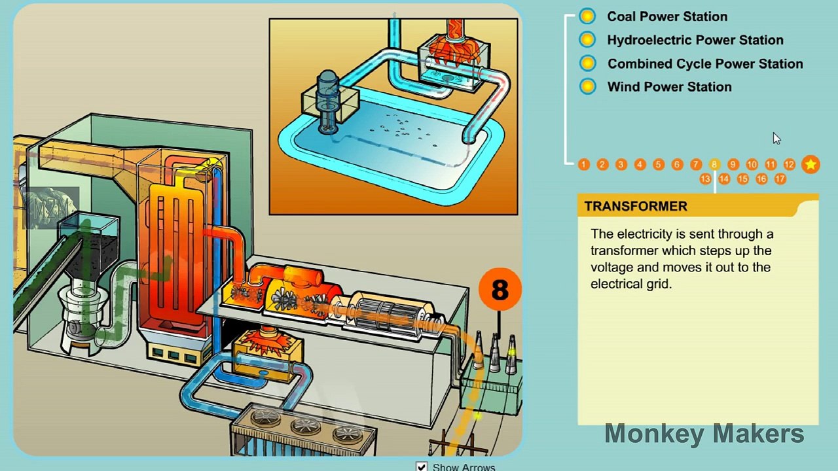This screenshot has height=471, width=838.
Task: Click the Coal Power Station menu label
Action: point(667,16)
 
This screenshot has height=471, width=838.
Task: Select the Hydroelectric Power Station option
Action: point(695,40)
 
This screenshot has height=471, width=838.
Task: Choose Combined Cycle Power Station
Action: point(705,63)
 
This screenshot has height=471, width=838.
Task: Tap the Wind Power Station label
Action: point(669,87)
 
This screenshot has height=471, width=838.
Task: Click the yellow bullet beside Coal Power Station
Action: point(587,16)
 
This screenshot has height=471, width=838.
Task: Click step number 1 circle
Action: point(583,164)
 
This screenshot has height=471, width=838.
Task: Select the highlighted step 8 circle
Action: point(714,164)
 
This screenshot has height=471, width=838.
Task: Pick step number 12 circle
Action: point(789,164)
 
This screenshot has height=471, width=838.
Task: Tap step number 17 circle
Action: point(780,179)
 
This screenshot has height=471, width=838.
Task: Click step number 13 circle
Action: point(705,179)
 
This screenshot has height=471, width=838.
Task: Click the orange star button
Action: point(811,164)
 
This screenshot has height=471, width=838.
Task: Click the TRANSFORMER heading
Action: point(636,206)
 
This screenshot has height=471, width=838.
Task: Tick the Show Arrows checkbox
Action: point(421,466)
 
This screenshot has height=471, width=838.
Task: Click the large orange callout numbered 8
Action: point(500,289)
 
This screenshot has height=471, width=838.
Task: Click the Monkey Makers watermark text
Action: point(704,434)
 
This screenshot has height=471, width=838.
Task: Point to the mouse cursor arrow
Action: point(776,139)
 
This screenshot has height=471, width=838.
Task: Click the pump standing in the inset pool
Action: point(327,101)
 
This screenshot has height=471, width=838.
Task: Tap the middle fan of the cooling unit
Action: point(306,425)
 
